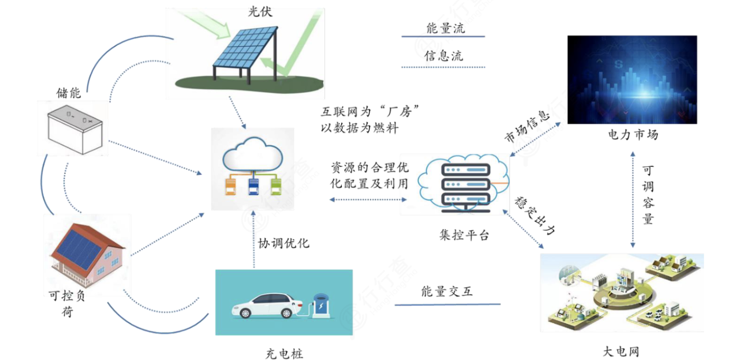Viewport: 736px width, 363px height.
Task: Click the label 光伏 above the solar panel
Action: (260, 12)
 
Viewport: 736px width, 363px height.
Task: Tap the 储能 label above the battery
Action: (69, 93)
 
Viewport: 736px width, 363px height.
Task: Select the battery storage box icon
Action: (75, 130)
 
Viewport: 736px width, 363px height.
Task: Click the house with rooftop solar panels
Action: (88, 254)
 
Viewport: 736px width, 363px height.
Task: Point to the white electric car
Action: (267, 306)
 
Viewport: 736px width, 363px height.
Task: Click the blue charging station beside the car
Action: (321, 306)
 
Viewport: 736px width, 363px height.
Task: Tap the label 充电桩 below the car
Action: (284, 354)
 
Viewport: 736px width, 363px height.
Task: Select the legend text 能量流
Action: (446, 28)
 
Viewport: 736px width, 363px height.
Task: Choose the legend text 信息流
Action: (443, 56)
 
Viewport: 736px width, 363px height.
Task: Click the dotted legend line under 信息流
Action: (443, 67)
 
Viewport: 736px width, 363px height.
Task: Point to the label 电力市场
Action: (633, 135)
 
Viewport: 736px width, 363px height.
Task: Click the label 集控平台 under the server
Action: (464, 235)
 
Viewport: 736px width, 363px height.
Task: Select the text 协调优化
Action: (284, 243)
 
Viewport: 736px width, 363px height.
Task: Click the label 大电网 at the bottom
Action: (621, 352)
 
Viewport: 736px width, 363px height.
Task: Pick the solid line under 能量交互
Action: (447, 304)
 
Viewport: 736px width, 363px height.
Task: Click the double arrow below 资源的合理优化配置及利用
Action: (368, 199)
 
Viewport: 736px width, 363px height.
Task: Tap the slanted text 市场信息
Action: (527, 126)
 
